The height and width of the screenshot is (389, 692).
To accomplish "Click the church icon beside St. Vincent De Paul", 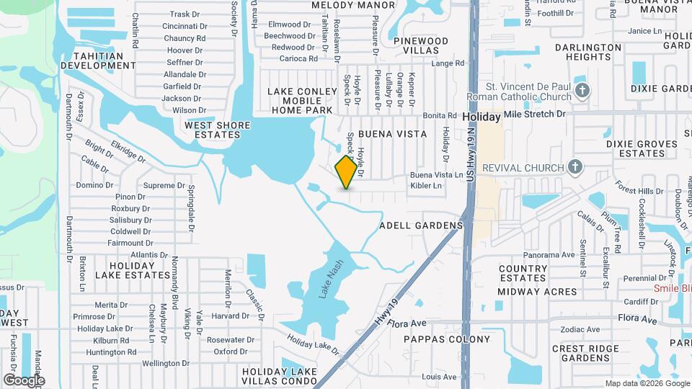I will pyautogui.click(x=584, y=90).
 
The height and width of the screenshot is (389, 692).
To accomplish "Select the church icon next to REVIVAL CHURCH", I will pyautogui.click(x=575, y=168).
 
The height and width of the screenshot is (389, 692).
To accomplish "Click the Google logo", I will pyautogui.click(x=24, y=380).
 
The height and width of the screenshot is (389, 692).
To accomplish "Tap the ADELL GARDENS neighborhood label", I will pyautogui.click(x=421, y=225).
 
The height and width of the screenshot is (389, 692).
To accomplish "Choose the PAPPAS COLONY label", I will pyautogui.click(x=446, y=339).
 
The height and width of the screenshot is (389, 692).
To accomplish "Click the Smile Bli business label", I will pyautogui.click(x=672, y=288).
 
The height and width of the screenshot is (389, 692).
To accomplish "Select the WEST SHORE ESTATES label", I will pyautogui.click(x=218, y=130).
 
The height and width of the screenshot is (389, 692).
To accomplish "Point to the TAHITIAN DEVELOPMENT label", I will pyautogui.click(x=98, y=61).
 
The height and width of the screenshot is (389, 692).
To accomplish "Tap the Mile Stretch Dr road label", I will pyautogui.click(x=535, y=114).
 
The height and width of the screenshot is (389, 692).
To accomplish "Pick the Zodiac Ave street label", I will pyautogui.click(x=580, y=329).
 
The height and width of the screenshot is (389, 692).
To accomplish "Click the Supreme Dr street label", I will pyautogui.click(x=159, y=185).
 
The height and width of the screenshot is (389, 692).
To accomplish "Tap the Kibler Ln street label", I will pyautogui.click(x=425, y=185).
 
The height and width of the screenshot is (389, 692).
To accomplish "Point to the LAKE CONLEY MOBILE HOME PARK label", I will pyautogui.click(x=302, y=101).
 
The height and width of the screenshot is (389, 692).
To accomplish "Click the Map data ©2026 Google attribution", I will pyautogui.click(x=646, y=383).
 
